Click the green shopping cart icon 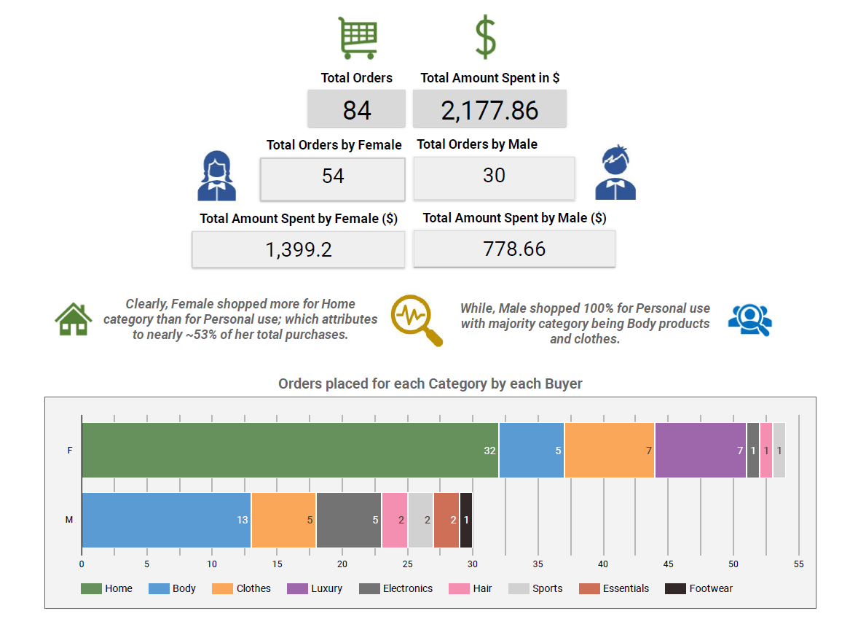[358, 38]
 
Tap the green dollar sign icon [485, 37]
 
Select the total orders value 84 [357, 110]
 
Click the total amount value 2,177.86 [489, 111]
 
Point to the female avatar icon [217, 176]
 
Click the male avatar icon [615, 173]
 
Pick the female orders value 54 [333, 176]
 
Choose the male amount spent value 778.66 [514, 249]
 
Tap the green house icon [74, 319]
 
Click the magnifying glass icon [416, 320]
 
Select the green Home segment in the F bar [290, 450]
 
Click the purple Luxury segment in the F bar [701, 450]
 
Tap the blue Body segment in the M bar [166, 520]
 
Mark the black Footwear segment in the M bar [466, 520]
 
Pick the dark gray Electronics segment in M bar [349, 520]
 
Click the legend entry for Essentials [614, 588]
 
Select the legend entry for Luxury [315, 588]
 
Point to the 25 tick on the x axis [408, 564]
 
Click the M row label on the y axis [69, 520]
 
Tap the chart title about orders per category [430, 384]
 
